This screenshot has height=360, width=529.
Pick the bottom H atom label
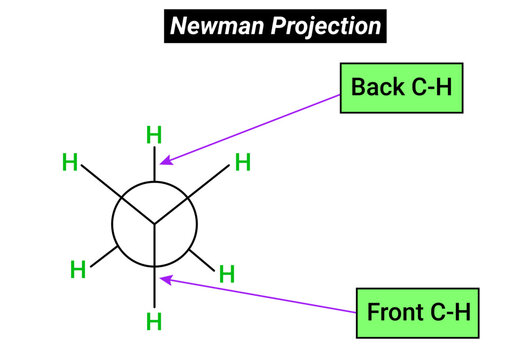154,321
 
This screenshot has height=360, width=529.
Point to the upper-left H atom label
70,160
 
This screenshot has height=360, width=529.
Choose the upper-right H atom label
242,162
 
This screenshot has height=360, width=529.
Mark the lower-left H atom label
78,268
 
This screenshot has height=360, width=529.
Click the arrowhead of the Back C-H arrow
165,161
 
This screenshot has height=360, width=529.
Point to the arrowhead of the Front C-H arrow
165,279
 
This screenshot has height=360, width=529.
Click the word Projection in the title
326,26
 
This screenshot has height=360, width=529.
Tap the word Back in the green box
373,86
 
